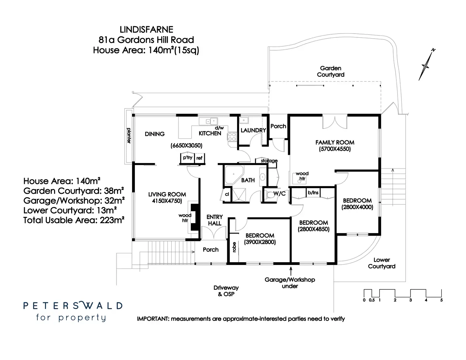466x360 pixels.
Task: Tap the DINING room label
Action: (155, 134)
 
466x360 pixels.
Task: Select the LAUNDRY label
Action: (253, 130)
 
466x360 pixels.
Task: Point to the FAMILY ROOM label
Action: (335, 142)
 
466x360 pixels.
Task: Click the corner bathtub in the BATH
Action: (233, 174)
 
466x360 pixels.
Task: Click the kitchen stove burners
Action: (232, 136)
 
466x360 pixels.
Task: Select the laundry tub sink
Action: (244, 120)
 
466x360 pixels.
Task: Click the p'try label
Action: (187, 157)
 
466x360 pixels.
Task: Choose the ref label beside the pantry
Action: (199, 158)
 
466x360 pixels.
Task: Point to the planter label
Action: (129, 135)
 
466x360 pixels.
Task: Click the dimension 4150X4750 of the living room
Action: (167, 201)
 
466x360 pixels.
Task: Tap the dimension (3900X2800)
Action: (260, 242)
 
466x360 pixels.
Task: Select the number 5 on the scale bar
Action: (441, 300)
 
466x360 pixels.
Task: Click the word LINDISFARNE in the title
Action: (146, 30)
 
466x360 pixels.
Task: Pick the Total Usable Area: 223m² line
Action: (74, 220)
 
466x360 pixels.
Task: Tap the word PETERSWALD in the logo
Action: (73, 306)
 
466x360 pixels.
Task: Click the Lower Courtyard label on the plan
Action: (381, 263)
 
